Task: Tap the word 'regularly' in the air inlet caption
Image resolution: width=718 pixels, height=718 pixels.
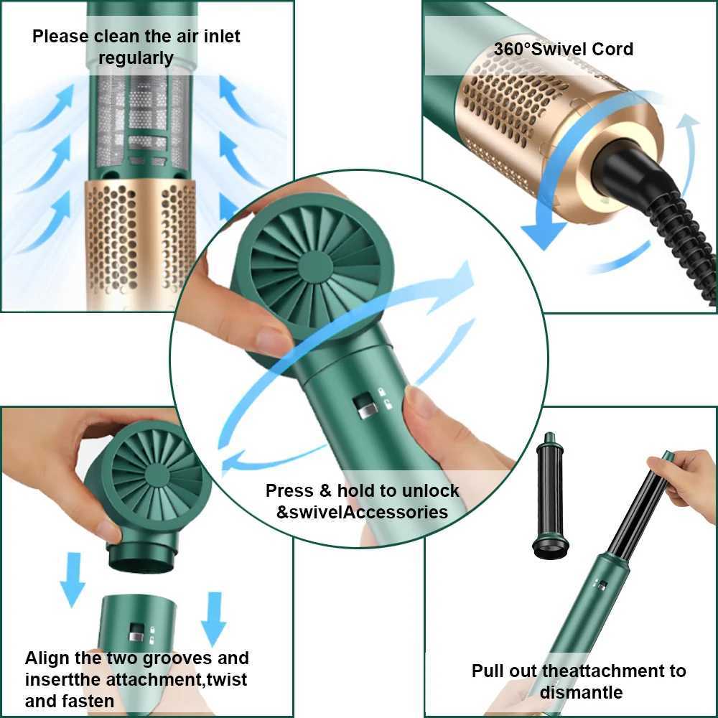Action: [x=136, y=58]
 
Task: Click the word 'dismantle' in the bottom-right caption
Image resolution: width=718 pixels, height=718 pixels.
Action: [x=581, y=692]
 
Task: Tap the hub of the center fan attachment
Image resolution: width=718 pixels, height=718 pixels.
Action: [x=316, y=266]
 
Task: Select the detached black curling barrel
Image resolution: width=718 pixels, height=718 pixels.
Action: [x=550, y=495]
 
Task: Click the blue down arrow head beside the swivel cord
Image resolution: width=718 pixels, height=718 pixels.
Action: [x=544, y=233]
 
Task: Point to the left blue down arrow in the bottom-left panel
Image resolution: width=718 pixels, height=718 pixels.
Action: [x=73, y=579]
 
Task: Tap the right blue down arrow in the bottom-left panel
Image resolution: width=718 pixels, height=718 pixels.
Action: [x=213, y=618]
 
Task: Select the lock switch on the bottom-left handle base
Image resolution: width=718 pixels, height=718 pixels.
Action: [x=136, y=633]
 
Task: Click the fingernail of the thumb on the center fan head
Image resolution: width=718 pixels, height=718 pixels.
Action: [x=273, y=340]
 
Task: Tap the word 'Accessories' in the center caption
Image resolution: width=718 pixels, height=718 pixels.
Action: [x=396, y=512]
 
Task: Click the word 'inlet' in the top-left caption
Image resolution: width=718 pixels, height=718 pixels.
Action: [x=222, y=36]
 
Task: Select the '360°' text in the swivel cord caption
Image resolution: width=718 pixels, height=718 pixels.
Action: [x=511, y=49]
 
